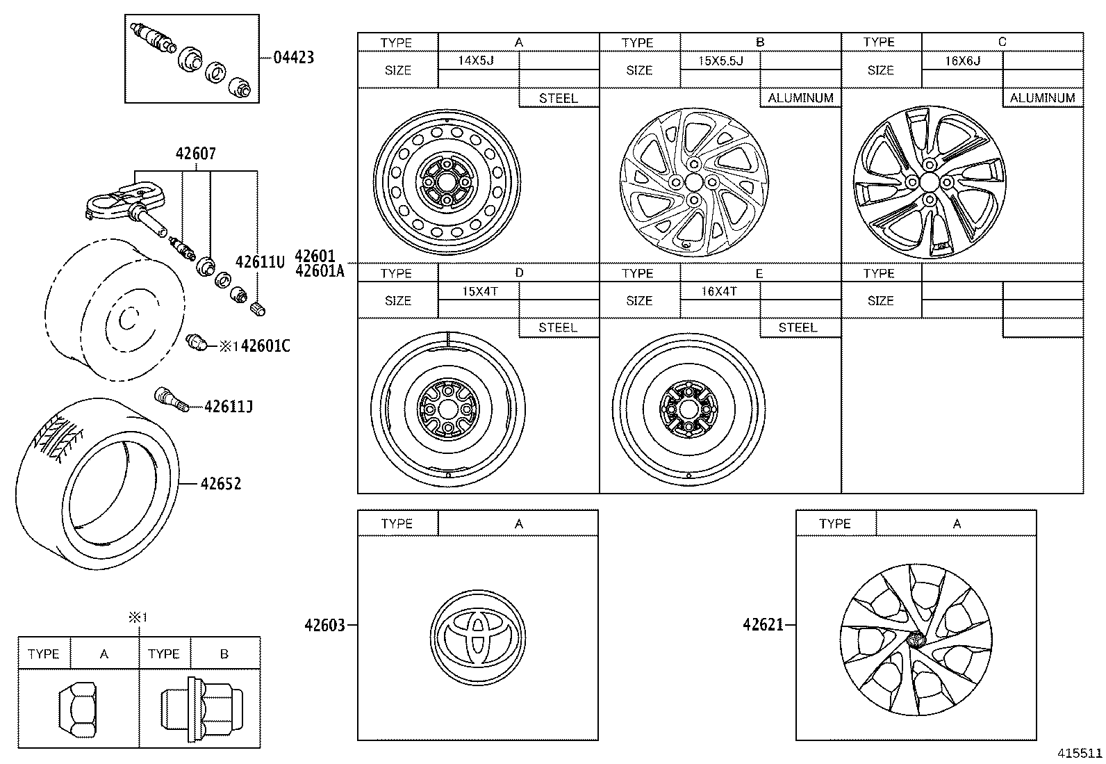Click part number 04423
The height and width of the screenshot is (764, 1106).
pos(293,57)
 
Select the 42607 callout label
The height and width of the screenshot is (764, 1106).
pos(195,154)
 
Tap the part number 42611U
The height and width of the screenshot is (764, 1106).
pos(260,262)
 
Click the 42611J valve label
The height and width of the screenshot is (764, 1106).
pos(228,406)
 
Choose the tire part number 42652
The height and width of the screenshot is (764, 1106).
pos(220,483)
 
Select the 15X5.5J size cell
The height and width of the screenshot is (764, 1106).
pos(720,60)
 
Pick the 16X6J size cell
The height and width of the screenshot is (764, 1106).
pos(962,60)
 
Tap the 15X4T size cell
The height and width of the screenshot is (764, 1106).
pos(479,291)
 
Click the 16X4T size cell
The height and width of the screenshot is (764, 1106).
pos(718,291)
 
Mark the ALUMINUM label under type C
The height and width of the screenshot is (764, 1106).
pos(1042,98)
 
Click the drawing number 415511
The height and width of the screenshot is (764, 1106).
pos(1080,753)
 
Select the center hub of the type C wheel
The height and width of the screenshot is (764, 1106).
pos(928,181)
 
